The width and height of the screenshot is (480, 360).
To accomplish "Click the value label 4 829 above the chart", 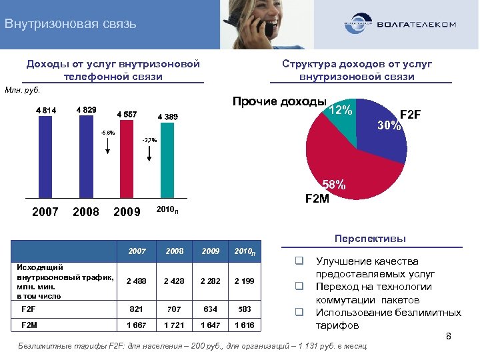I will click(x=86, y=109).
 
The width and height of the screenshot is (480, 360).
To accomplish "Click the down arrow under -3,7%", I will click(x=149, y=154).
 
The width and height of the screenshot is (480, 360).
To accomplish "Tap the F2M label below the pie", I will click(x=317, y=198).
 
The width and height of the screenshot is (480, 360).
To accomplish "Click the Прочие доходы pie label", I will click(x=279, y=102).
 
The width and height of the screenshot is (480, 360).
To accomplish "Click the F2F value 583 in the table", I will click(x=245, y=309).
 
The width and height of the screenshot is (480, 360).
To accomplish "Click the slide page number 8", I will click(x=449, y=337).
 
